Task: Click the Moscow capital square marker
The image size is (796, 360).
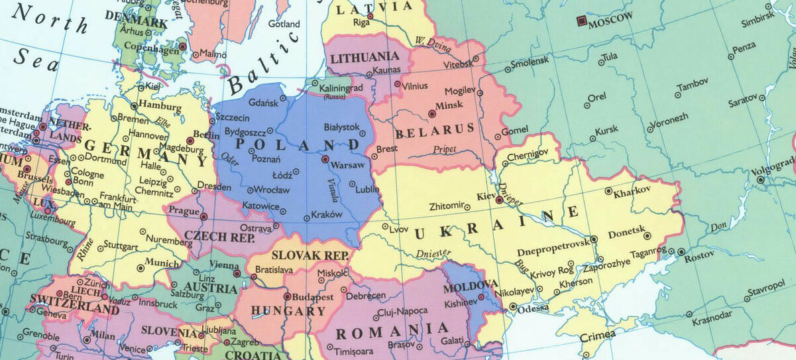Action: coord(581,22)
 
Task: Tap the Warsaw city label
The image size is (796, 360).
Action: coord(348,165)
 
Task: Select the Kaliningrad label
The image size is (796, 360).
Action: coord(341,88)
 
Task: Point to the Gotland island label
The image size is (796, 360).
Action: coord(284,24)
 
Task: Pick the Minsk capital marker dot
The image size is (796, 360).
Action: coord(432,114)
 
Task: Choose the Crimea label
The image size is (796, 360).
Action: coord(593,335)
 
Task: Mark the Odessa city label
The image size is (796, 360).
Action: coord(534,308)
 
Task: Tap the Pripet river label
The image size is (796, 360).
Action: coord(445,150)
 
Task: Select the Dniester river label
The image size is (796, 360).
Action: coord(433,253)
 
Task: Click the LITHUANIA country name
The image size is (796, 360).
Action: coord(365,58)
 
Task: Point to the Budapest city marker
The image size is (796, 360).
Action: coord(287,297)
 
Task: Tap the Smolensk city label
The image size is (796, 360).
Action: coord(530,61)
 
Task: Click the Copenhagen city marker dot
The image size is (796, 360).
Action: coord(182,47)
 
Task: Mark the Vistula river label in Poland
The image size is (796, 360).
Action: coord(333,191)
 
